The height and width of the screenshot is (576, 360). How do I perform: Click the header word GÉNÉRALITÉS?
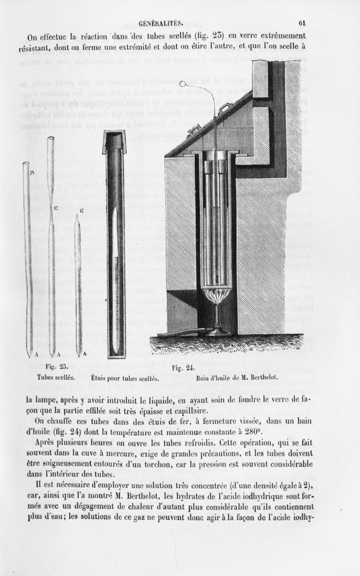click(161, 24)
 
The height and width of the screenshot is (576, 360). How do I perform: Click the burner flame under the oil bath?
click(216, 296)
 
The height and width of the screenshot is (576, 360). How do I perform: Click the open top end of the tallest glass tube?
click(51, 139)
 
